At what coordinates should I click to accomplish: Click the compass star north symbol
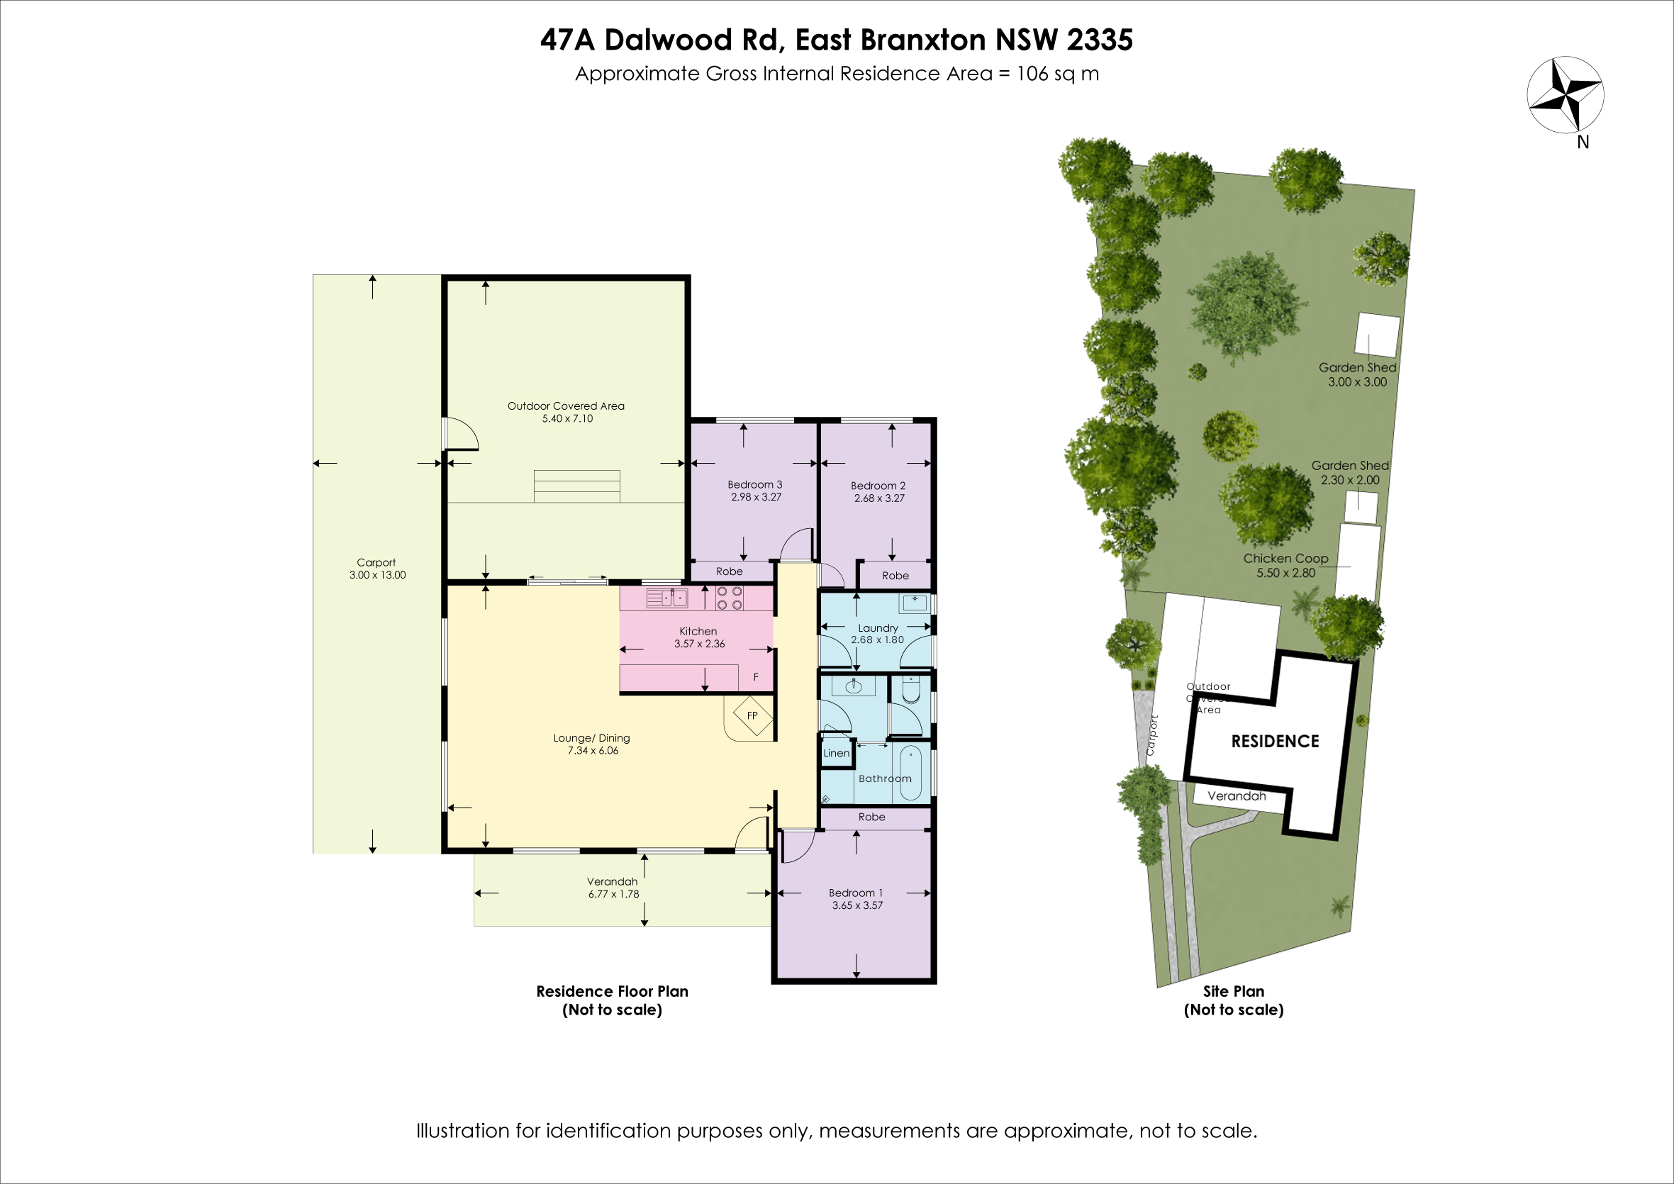(1566, 95)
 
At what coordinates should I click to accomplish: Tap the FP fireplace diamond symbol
(752, 715)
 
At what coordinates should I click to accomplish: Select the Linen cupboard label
(836, 753)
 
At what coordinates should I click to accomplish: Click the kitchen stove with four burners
(729, 598)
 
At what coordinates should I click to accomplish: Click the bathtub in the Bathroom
(910, 773)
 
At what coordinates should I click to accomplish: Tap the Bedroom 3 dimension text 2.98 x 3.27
(756, 497)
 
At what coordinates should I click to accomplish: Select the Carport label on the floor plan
(376, 562)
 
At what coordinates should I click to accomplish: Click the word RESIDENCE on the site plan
(1276, 742)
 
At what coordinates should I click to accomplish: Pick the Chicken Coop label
(1286, 559)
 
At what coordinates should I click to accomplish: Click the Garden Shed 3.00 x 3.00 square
(1377, 336)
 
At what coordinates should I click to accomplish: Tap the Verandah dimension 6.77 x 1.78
(614, 894)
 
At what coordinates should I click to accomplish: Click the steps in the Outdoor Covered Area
(576, 486)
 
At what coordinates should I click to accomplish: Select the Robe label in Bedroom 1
(871, 817)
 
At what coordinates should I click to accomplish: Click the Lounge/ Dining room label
(591, 738)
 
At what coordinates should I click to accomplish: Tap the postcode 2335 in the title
(1100, 40)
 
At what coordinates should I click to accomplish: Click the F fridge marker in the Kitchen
(756, 677)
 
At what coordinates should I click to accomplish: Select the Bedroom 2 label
(878, 486)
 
